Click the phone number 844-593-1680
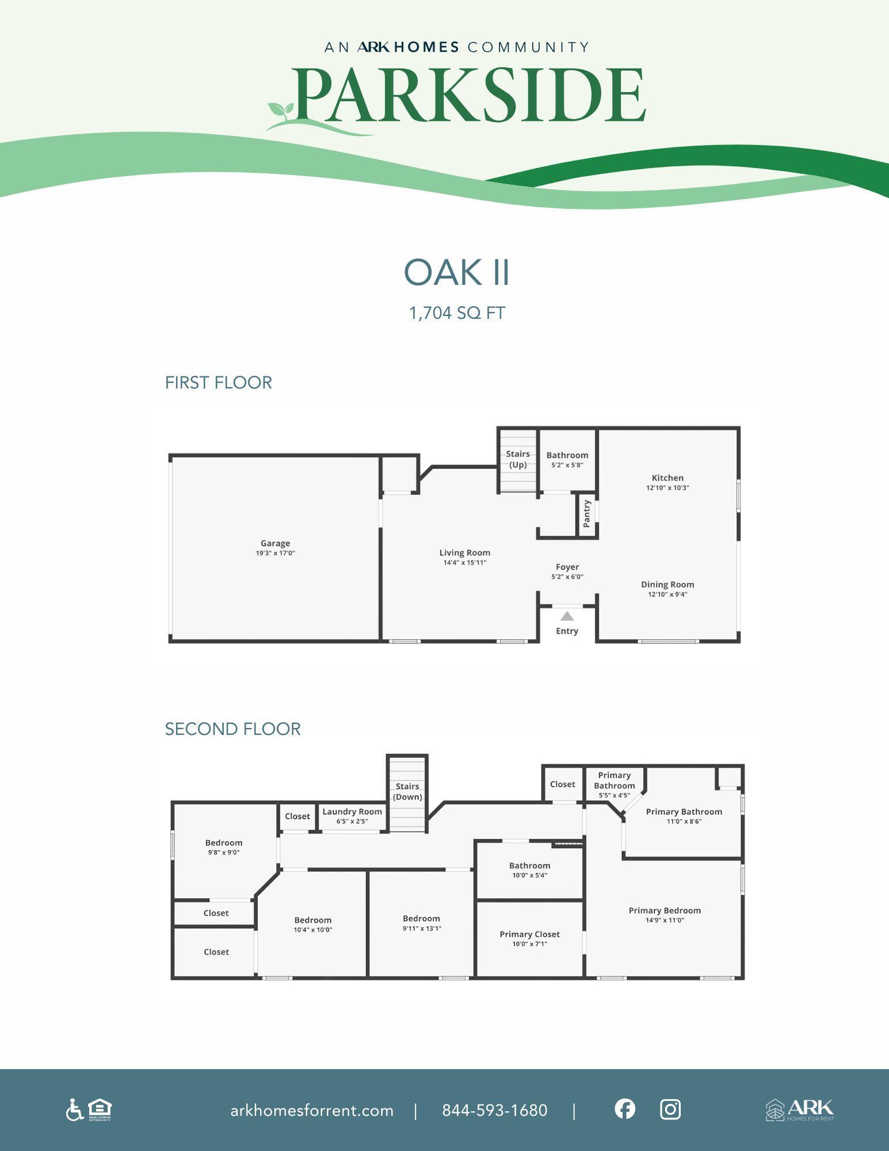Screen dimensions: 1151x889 494,1110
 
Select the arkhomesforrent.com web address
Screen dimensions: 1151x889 312,1110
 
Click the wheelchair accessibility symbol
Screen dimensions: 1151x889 74,1110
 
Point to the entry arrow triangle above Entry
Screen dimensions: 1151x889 567,616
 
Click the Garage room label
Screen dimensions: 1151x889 275,543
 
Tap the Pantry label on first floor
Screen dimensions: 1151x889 587,513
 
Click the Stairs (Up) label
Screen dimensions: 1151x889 518,459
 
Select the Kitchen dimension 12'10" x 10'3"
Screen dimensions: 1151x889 667,487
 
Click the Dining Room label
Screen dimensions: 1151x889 667,584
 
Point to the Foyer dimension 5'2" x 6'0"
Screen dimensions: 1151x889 567,577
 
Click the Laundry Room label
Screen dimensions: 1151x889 352,811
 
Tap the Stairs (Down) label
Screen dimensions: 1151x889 407,791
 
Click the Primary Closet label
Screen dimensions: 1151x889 529,934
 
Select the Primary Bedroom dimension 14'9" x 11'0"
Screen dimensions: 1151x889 665,920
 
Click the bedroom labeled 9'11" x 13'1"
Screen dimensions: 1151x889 422,918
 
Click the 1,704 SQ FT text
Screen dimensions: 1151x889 457,313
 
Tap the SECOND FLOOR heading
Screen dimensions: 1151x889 232,729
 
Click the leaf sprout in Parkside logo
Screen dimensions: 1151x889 281,110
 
